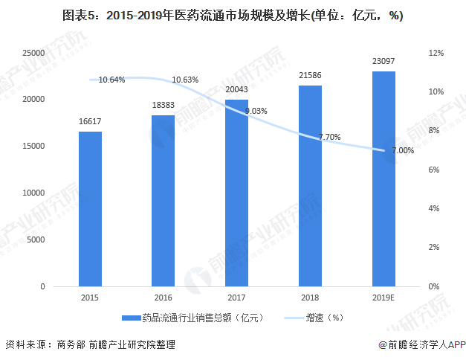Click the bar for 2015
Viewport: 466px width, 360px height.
pos(90,209)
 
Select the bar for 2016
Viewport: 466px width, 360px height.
pos(163,201)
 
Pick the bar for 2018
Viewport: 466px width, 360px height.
pos(310,186)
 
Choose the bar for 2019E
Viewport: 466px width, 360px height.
pos(384,179)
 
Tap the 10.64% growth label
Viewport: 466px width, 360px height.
pos(111,80)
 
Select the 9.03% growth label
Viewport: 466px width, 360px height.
pos(256,111)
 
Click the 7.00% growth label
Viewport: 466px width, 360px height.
pos(402,150)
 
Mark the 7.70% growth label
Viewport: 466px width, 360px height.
pos(329,137)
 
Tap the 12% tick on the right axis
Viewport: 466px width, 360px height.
pos(436,54)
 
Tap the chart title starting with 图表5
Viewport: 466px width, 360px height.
pos(233,16)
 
